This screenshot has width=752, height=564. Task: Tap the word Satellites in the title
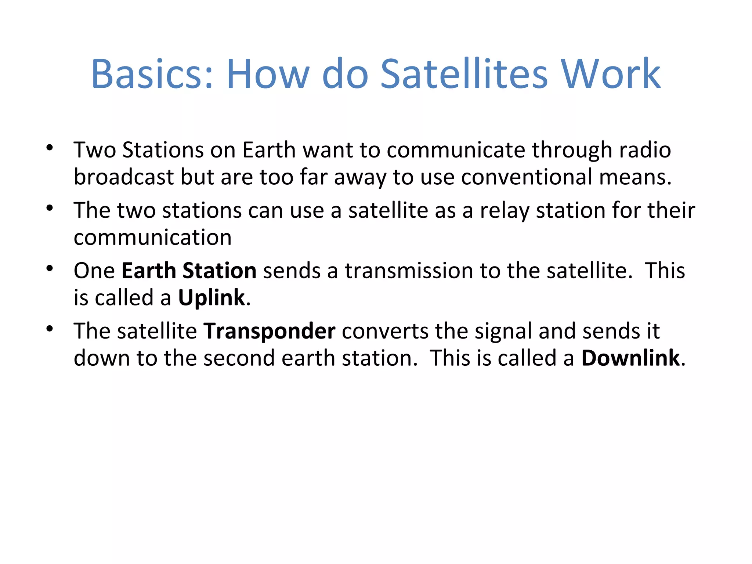pos(464,74)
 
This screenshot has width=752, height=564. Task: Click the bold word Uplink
pos(211,298)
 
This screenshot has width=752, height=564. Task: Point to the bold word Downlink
pos(630,358)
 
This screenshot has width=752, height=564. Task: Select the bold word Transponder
pos(270,331)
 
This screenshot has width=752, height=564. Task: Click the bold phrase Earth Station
pos(189,271)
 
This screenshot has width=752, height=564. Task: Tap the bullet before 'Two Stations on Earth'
pos(50,148)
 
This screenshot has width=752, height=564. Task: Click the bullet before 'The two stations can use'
pos(50,209)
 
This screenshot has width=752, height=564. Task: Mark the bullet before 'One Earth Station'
pos(50,269)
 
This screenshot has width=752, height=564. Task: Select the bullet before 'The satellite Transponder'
pos(50,329)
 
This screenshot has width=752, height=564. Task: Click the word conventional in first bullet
pos(527,177)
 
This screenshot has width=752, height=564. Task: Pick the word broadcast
pos(124,177)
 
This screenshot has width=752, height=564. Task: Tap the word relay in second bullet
pos(505,211)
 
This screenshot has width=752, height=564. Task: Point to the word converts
pos(385,331)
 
